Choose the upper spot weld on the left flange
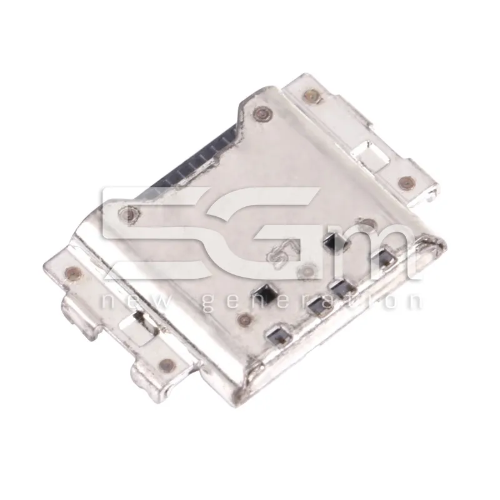click(70, 271)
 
